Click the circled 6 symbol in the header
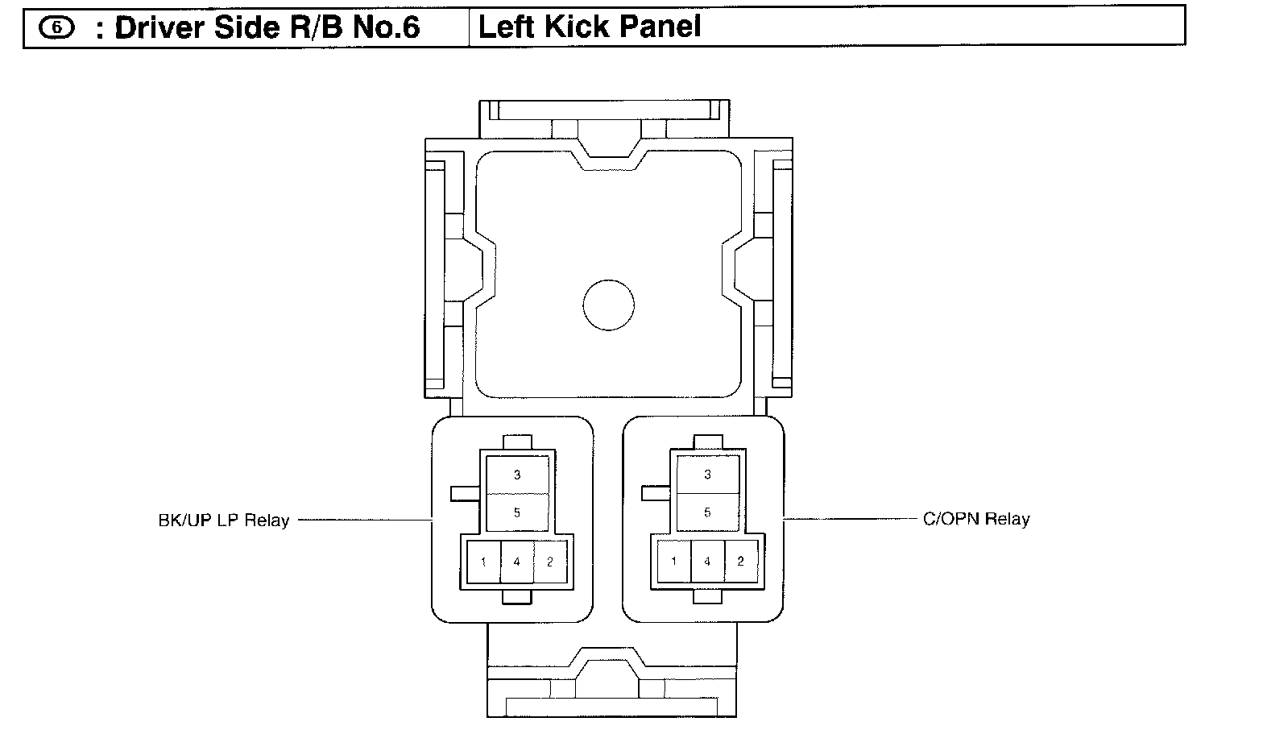pyautogui.click(x=56, y=27)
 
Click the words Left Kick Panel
pyautogui.click(x=590, y=27)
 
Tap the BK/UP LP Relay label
pyautogui.click(x=223, y=521)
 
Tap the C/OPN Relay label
pyautogui.click(x=976, y=519)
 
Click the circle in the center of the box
pyautogui.click(x=608, y=305)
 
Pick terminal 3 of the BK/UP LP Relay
pyautogui.click(x=517, y=475)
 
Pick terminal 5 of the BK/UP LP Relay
pyautogui.click(x=517, y=512)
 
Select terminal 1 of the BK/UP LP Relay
pyautogui.click(x=483, y=562)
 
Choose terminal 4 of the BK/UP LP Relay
pyautogui.click(x=517, y=562)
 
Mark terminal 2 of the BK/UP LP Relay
pyautogui.click(x=550, y=562)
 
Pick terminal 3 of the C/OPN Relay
pyautogui.click(x=707, y=474)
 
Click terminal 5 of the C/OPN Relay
pyautogui.click(x=707, y=512)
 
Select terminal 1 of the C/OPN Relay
pyautogui.click(x=673, y=561)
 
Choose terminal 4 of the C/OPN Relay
pyautogui.click(x=707, y=561)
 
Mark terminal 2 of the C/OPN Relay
pyautogui.click(x=740, y=561)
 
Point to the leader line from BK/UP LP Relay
pyautogui.click(x=364, y=520)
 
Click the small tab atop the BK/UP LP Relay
pyautogui.click(x=517, y=442)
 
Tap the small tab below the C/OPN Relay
pyautogui.click(x=707, y=596)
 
